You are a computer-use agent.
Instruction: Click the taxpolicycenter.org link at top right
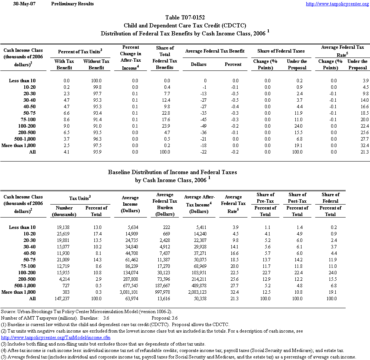click(337, 4)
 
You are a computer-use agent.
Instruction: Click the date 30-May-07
click(22, 4)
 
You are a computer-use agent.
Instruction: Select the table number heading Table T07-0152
click(185, 18)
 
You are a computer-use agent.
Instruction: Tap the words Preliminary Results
click(72, 4)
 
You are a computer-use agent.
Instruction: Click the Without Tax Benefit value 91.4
click(97, 119)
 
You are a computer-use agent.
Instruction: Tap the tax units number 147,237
click(64, 299)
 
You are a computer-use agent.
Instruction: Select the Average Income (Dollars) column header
click(131, 204)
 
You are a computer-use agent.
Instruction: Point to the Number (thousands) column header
click(64, 211)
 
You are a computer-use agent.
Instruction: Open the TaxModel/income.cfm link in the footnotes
click(56, 338)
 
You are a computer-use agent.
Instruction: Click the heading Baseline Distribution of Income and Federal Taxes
click(172, 172)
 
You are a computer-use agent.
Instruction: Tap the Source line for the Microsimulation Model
click(86, 312)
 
